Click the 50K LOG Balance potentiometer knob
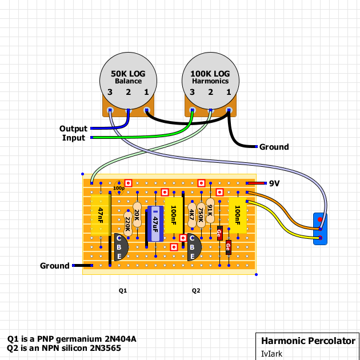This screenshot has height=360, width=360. coord(128,80)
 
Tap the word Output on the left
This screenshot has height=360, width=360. coord(73,129)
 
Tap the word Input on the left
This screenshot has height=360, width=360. coord(74,138)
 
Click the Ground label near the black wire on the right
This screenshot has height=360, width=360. coord(274,147)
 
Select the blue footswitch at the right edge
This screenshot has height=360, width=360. coord(321,229)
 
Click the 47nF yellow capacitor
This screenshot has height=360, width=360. coord(101,215)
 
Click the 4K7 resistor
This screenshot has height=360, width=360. coord(191,215)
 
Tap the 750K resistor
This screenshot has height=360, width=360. coord(201,215)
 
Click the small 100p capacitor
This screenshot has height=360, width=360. coord(119,188)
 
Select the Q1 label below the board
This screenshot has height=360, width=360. coord(123,291)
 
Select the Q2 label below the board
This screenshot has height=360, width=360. coord(196,291)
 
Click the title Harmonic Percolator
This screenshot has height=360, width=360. coord(307,341)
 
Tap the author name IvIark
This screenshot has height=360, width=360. coord(271,354)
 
